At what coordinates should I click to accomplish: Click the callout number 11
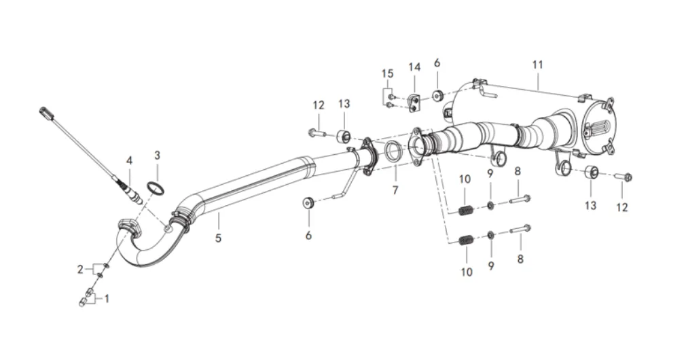coord(537,65)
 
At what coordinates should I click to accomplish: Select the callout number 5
coord(218,238)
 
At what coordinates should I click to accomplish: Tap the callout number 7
coord(395,190)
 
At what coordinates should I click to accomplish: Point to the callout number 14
coord(414,67)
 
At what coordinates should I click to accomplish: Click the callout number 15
coord(387,73)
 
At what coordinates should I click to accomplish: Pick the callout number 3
coord(157,155)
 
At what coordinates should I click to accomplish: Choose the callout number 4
coord(129,161)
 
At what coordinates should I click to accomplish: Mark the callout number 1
coord(106,299)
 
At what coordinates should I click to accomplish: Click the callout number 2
coord(80,269)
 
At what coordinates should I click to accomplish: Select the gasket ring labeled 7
coord(393,151)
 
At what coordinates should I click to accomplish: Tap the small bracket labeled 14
coord(414,103)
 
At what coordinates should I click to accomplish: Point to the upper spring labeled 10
coord(466,211)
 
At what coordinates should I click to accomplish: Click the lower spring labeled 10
coord(466,240)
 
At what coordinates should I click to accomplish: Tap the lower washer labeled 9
coord(490,235)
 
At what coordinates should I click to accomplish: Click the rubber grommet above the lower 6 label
coord(308,203)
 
